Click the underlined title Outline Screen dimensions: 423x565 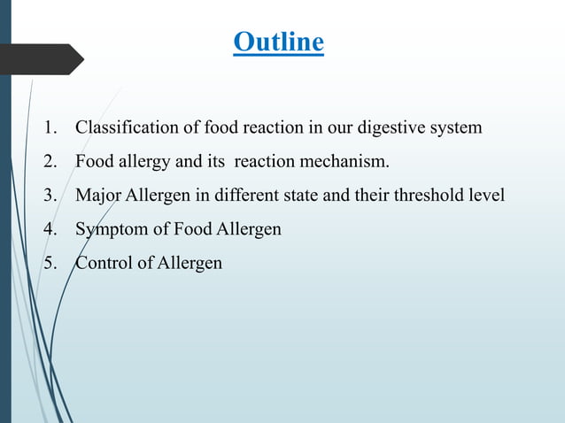point(278,42)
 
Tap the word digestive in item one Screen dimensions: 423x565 point(391,127)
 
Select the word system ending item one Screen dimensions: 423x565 point(455,127)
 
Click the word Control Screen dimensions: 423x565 point(104,264)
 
